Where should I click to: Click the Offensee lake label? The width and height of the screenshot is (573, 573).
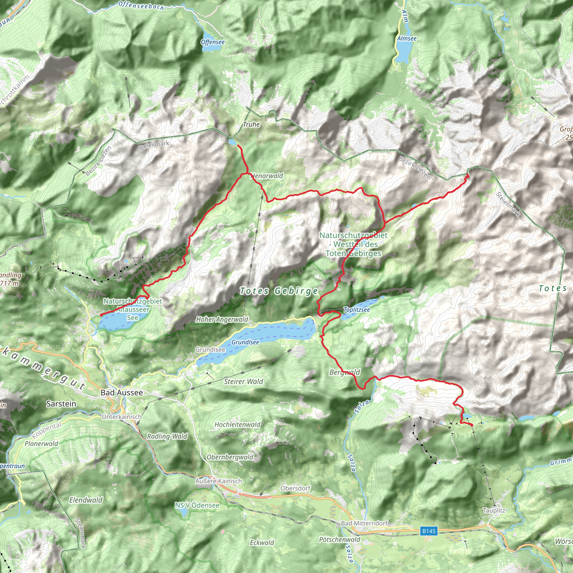[213, 42]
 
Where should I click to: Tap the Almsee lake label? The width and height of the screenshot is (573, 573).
[407, 38]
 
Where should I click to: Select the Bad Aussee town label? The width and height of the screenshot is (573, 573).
[122, 392]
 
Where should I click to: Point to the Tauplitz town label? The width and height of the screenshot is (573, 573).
[494, 510]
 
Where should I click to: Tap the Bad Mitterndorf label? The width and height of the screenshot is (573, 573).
[364, 523]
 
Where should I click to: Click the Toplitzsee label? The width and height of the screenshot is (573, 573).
[356, 310]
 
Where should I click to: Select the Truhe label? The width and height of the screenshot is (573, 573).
[251, 124]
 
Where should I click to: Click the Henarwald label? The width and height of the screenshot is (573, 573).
[267, 176]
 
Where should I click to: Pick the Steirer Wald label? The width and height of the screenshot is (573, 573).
[243, 381]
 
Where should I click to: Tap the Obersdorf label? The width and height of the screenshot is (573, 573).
[295, 488]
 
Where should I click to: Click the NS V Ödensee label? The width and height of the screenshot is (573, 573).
[197, 505]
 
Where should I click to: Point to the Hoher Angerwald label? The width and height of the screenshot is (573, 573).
[222, 320]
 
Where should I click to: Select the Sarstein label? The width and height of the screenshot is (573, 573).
[61, 404]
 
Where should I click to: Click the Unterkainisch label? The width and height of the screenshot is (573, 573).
[122, 417]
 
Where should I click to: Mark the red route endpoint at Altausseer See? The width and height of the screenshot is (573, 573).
[101, 315]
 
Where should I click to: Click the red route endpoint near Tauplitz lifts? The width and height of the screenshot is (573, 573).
[471, 425]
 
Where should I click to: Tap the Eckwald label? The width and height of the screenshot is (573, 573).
[262, 543]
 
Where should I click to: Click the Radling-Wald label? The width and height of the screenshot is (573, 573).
[167, 436]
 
